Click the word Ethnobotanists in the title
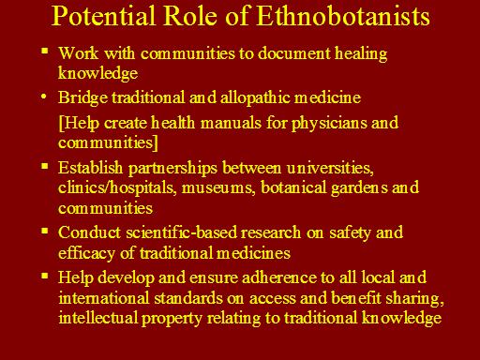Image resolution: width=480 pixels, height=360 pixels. [x=343, y=15]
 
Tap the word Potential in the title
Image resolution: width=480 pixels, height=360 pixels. [x=103, y=15]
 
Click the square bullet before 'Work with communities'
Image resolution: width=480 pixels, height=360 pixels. [x=45, y=51]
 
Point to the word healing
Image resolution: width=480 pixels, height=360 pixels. [x=361, y=53]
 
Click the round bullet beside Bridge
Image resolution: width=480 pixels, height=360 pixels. [x=44, y=97]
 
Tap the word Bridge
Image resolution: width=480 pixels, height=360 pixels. [x=82, y=97]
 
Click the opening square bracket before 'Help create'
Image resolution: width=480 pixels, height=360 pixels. [x=61, y=123]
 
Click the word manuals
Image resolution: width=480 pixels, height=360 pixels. [x=231, y=123]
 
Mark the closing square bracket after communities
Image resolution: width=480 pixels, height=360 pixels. [x=156, y=142]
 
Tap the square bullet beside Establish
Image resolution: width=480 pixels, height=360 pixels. [x=45, y=165]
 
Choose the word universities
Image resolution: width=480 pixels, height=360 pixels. [x=330, y=168]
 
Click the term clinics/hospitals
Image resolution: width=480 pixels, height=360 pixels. [x=116, y=188]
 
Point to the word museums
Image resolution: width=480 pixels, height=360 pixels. [x=218, y=188]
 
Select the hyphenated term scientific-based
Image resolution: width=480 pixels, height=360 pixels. [x=183, y=232]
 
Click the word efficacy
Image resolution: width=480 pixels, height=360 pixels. [x=86, y=253]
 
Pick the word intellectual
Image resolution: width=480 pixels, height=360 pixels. [x=97, y=318]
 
